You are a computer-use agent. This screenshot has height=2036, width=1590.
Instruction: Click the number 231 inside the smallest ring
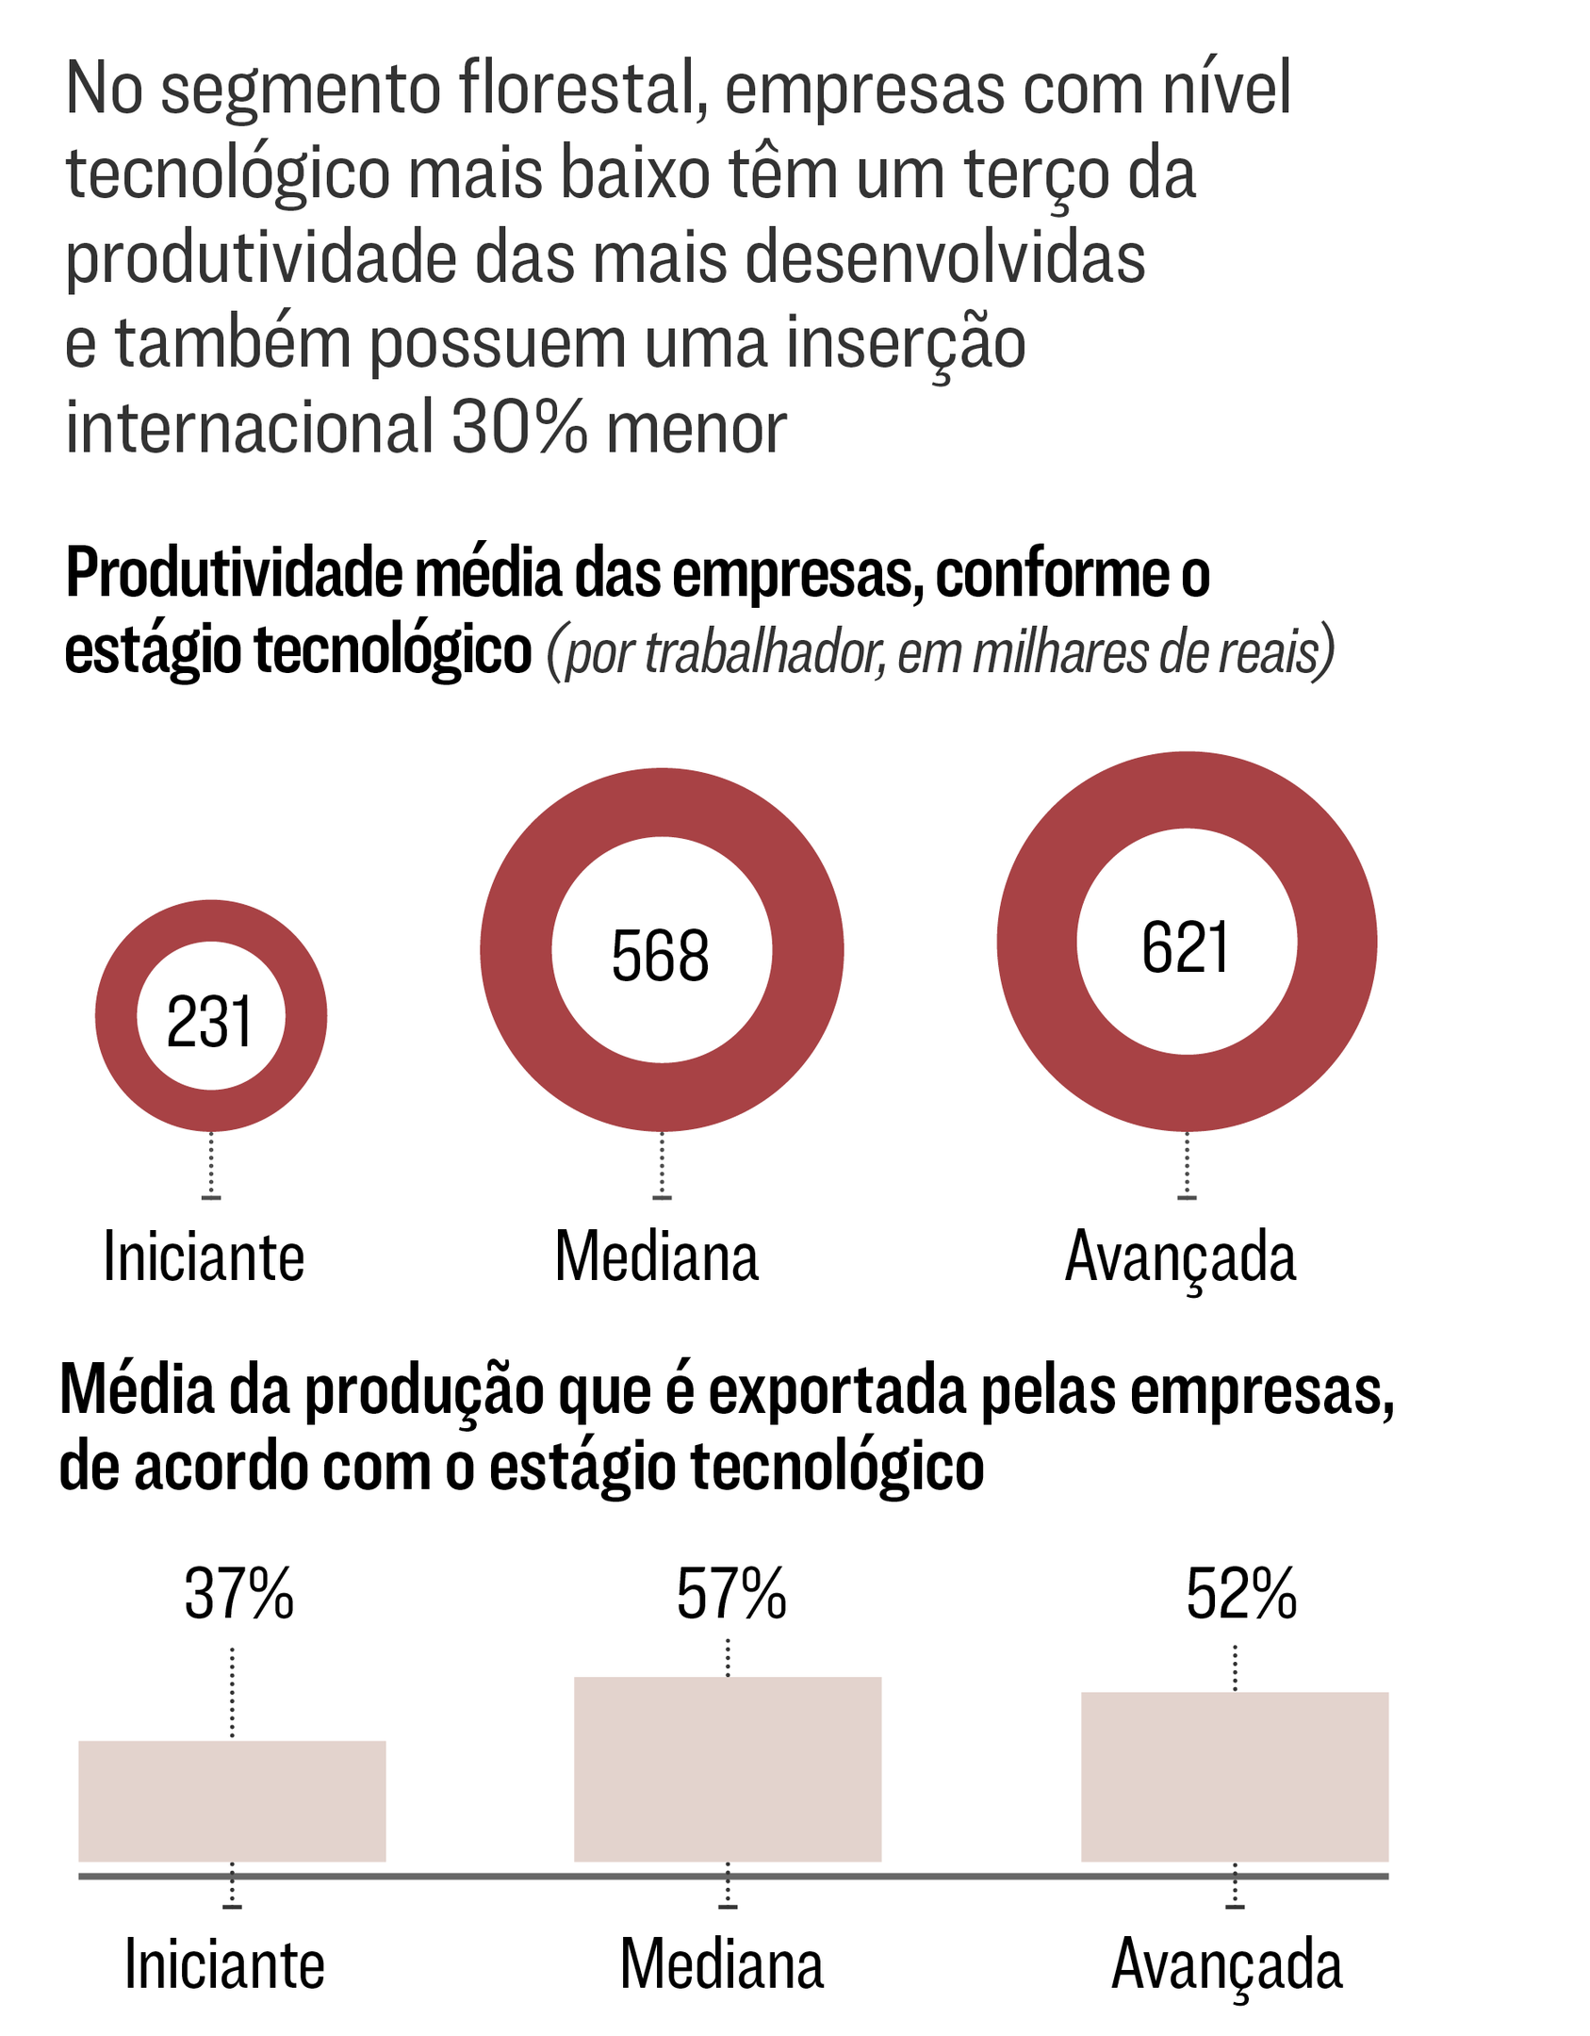[209, 1023]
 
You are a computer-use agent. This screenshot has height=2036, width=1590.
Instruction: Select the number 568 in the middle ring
[660, 956]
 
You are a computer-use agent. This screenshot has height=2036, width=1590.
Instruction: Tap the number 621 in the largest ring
[1185, 947]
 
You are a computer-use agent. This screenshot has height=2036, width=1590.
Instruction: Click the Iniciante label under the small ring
[204, 1257]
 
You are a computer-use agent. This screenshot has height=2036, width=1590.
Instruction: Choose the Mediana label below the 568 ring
[656, 1257]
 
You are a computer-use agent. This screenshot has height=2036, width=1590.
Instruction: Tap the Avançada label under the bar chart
[1226, 1966]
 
